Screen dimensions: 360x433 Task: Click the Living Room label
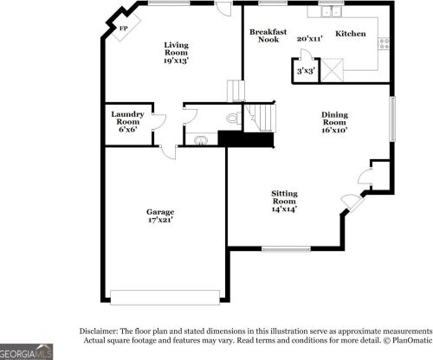(177, 48)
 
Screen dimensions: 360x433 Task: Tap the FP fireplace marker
(123, 29)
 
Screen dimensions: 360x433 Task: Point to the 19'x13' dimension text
(177, 61)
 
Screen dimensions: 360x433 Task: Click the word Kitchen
(351, 34)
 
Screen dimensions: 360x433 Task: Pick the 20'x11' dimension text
(309, 39)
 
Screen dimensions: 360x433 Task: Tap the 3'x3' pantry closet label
(305, 70)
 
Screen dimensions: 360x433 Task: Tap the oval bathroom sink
(201, 138)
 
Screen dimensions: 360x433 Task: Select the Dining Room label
(334, 118)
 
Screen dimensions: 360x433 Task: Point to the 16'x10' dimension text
(334, 131)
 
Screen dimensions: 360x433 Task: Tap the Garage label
(159, 212)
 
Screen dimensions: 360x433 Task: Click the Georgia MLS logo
(27, 351)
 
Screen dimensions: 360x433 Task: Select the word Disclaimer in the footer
(102, 331)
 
